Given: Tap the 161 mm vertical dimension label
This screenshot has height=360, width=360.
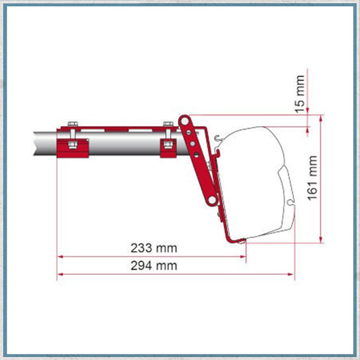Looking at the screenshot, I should [312, 178].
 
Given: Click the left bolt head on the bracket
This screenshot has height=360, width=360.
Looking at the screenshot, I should [72, 124].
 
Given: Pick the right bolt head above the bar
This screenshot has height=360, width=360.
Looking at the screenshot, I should [168, 124].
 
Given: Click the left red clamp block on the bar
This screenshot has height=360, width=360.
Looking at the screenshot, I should [73, 147].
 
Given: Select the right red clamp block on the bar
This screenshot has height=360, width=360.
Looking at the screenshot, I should [168, 148].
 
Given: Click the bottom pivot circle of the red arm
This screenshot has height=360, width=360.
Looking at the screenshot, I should [212, 200].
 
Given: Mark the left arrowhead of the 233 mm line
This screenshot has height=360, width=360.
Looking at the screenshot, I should [59, 257].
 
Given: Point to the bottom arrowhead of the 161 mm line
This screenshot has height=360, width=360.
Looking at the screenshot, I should [321, 240].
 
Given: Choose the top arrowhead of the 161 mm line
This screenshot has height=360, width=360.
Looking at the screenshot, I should [321, 118].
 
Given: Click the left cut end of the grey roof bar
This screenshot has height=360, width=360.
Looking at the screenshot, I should [35, 143].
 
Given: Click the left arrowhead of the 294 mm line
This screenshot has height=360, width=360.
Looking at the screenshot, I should [59, 274].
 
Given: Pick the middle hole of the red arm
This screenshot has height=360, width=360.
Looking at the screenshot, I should [192, 143].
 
